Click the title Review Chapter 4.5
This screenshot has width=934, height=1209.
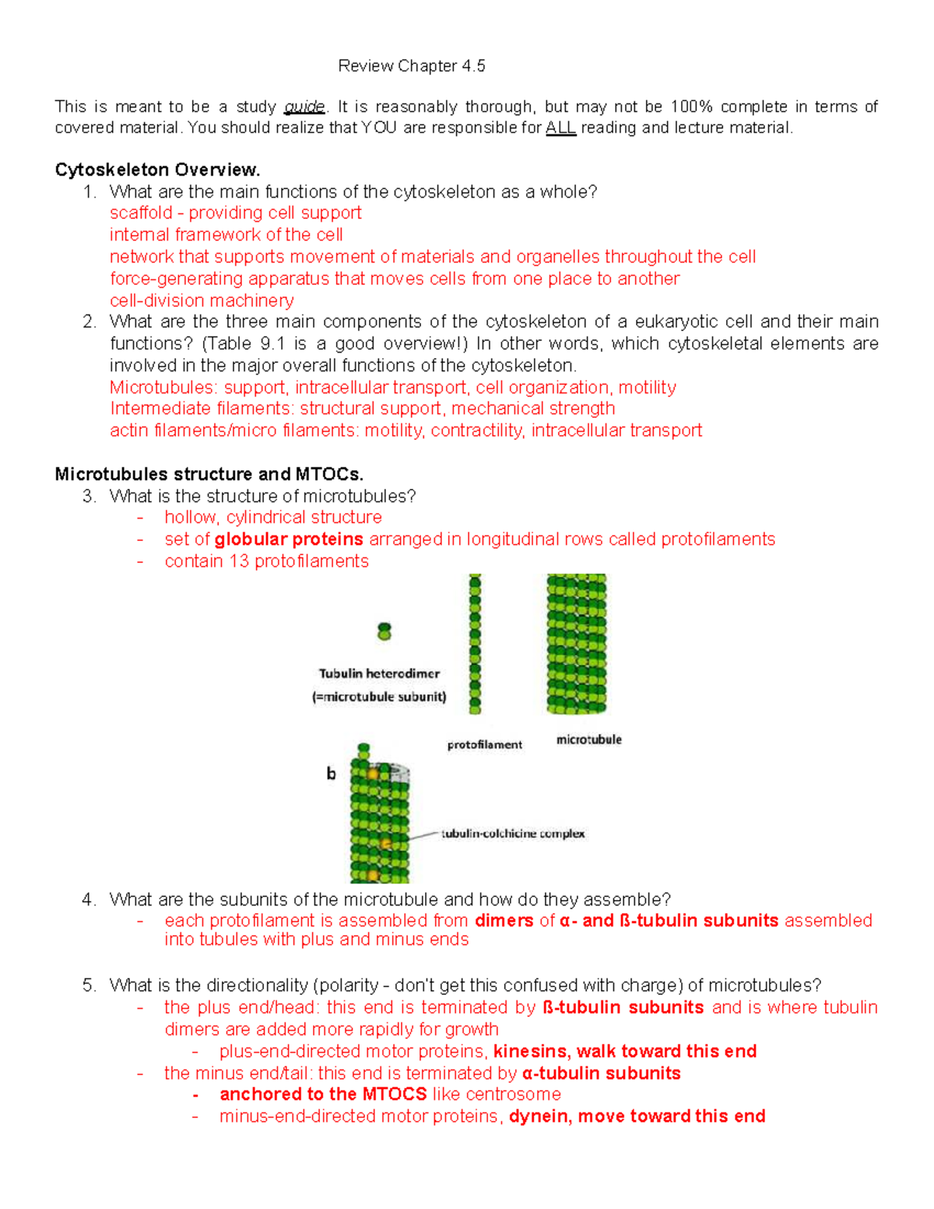[411, 66]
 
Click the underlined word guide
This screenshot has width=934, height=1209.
[304, 107]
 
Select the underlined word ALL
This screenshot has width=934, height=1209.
[560, 128]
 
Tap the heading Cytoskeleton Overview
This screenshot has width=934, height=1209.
[157, 170]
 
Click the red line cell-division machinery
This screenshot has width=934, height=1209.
[202, 300]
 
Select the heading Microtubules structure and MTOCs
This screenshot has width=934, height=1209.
[209, 474]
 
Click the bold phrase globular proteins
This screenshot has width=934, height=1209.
[289, 539]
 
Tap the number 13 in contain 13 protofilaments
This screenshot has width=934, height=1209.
[238, 561]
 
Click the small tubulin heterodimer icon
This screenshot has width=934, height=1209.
[384, 631]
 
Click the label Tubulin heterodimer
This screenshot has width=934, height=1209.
[379, 673]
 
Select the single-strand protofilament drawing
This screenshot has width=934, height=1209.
[475, 644]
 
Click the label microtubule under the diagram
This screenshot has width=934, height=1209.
[588, 740]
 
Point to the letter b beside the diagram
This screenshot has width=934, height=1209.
[331, 774]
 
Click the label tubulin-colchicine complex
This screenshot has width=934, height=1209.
[513, 834]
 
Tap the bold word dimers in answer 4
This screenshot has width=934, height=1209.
[504, 921]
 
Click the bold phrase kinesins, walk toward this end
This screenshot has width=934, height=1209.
[625, 1052]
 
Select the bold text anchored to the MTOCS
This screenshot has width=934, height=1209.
[323, 1095]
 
